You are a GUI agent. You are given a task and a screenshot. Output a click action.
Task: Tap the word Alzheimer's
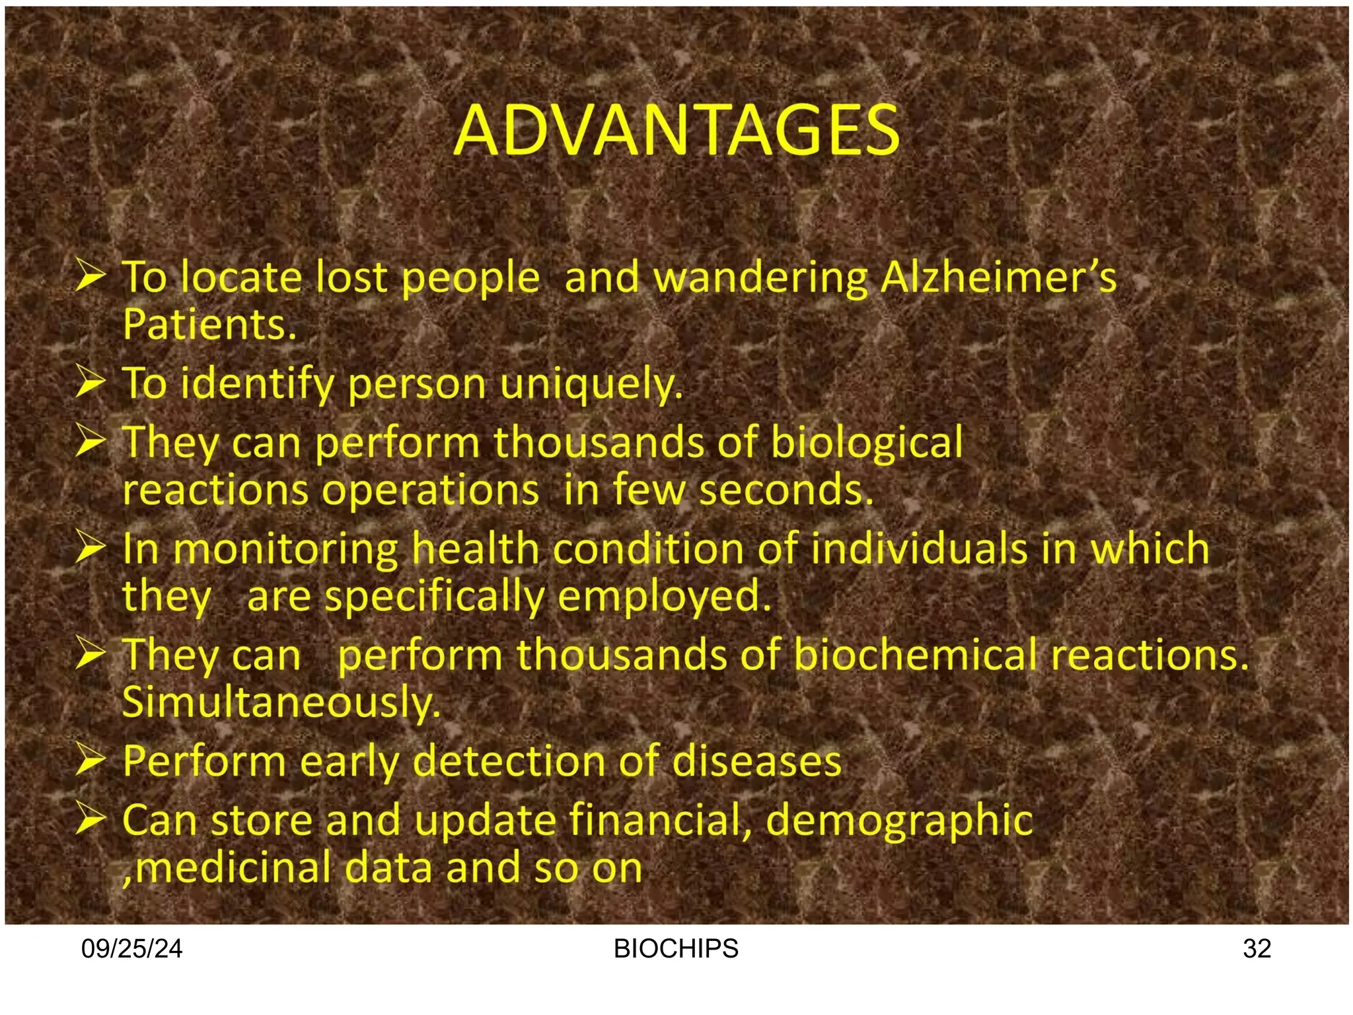click(998, 278)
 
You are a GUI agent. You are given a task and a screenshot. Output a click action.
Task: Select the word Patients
click(209, 324)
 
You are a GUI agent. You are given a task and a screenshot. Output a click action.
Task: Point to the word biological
click(866, 442)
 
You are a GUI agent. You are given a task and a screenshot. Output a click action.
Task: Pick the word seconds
click(786, 490)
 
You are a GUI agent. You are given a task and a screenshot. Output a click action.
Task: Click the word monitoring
click(285, 549)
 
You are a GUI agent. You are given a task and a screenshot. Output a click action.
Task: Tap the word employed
click(664, 596)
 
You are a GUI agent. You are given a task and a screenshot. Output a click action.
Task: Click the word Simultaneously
click(281, 702)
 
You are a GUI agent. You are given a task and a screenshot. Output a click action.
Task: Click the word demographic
click(899, 821)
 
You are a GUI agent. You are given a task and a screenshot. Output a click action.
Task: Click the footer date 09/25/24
click(131, 949)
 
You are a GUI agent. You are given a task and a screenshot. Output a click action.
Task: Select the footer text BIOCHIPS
click(676, 949)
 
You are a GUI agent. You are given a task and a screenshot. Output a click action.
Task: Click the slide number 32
click(1257, 949)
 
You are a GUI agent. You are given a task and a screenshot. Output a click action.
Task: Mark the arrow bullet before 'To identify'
click(90, 383)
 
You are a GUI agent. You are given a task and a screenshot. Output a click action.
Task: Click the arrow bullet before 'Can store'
click(90, 819)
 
